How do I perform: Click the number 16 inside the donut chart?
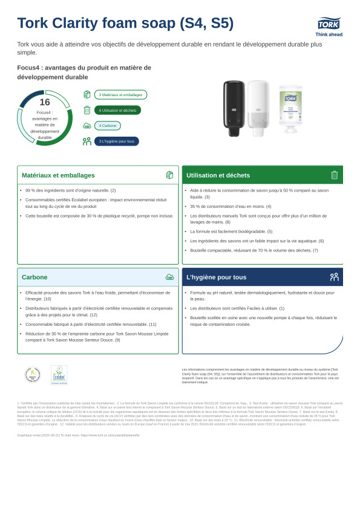(45, 103)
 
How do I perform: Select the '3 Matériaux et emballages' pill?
(120, 95)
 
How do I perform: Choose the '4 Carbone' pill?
(108, 126)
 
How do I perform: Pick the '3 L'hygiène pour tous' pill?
(116, 141)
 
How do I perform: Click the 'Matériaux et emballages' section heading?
(58, 175)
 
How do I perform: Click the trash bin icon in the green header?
(334, 175)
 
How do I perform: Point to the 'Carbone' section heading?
(34, 277)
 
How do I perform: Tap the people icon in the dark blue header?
(334, 277)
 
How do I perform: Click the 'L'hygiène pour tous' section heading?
(217, 277)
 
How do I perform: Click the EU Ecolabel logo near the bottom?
(59, 375)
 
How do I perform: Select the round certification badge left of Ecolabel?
(33, 375)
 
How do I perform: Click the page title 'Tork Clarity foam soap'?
(125, 24)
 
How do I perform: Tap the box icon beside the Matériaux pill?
(87, 95)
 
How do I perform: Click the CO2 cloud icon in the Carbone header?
(169, 277)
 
